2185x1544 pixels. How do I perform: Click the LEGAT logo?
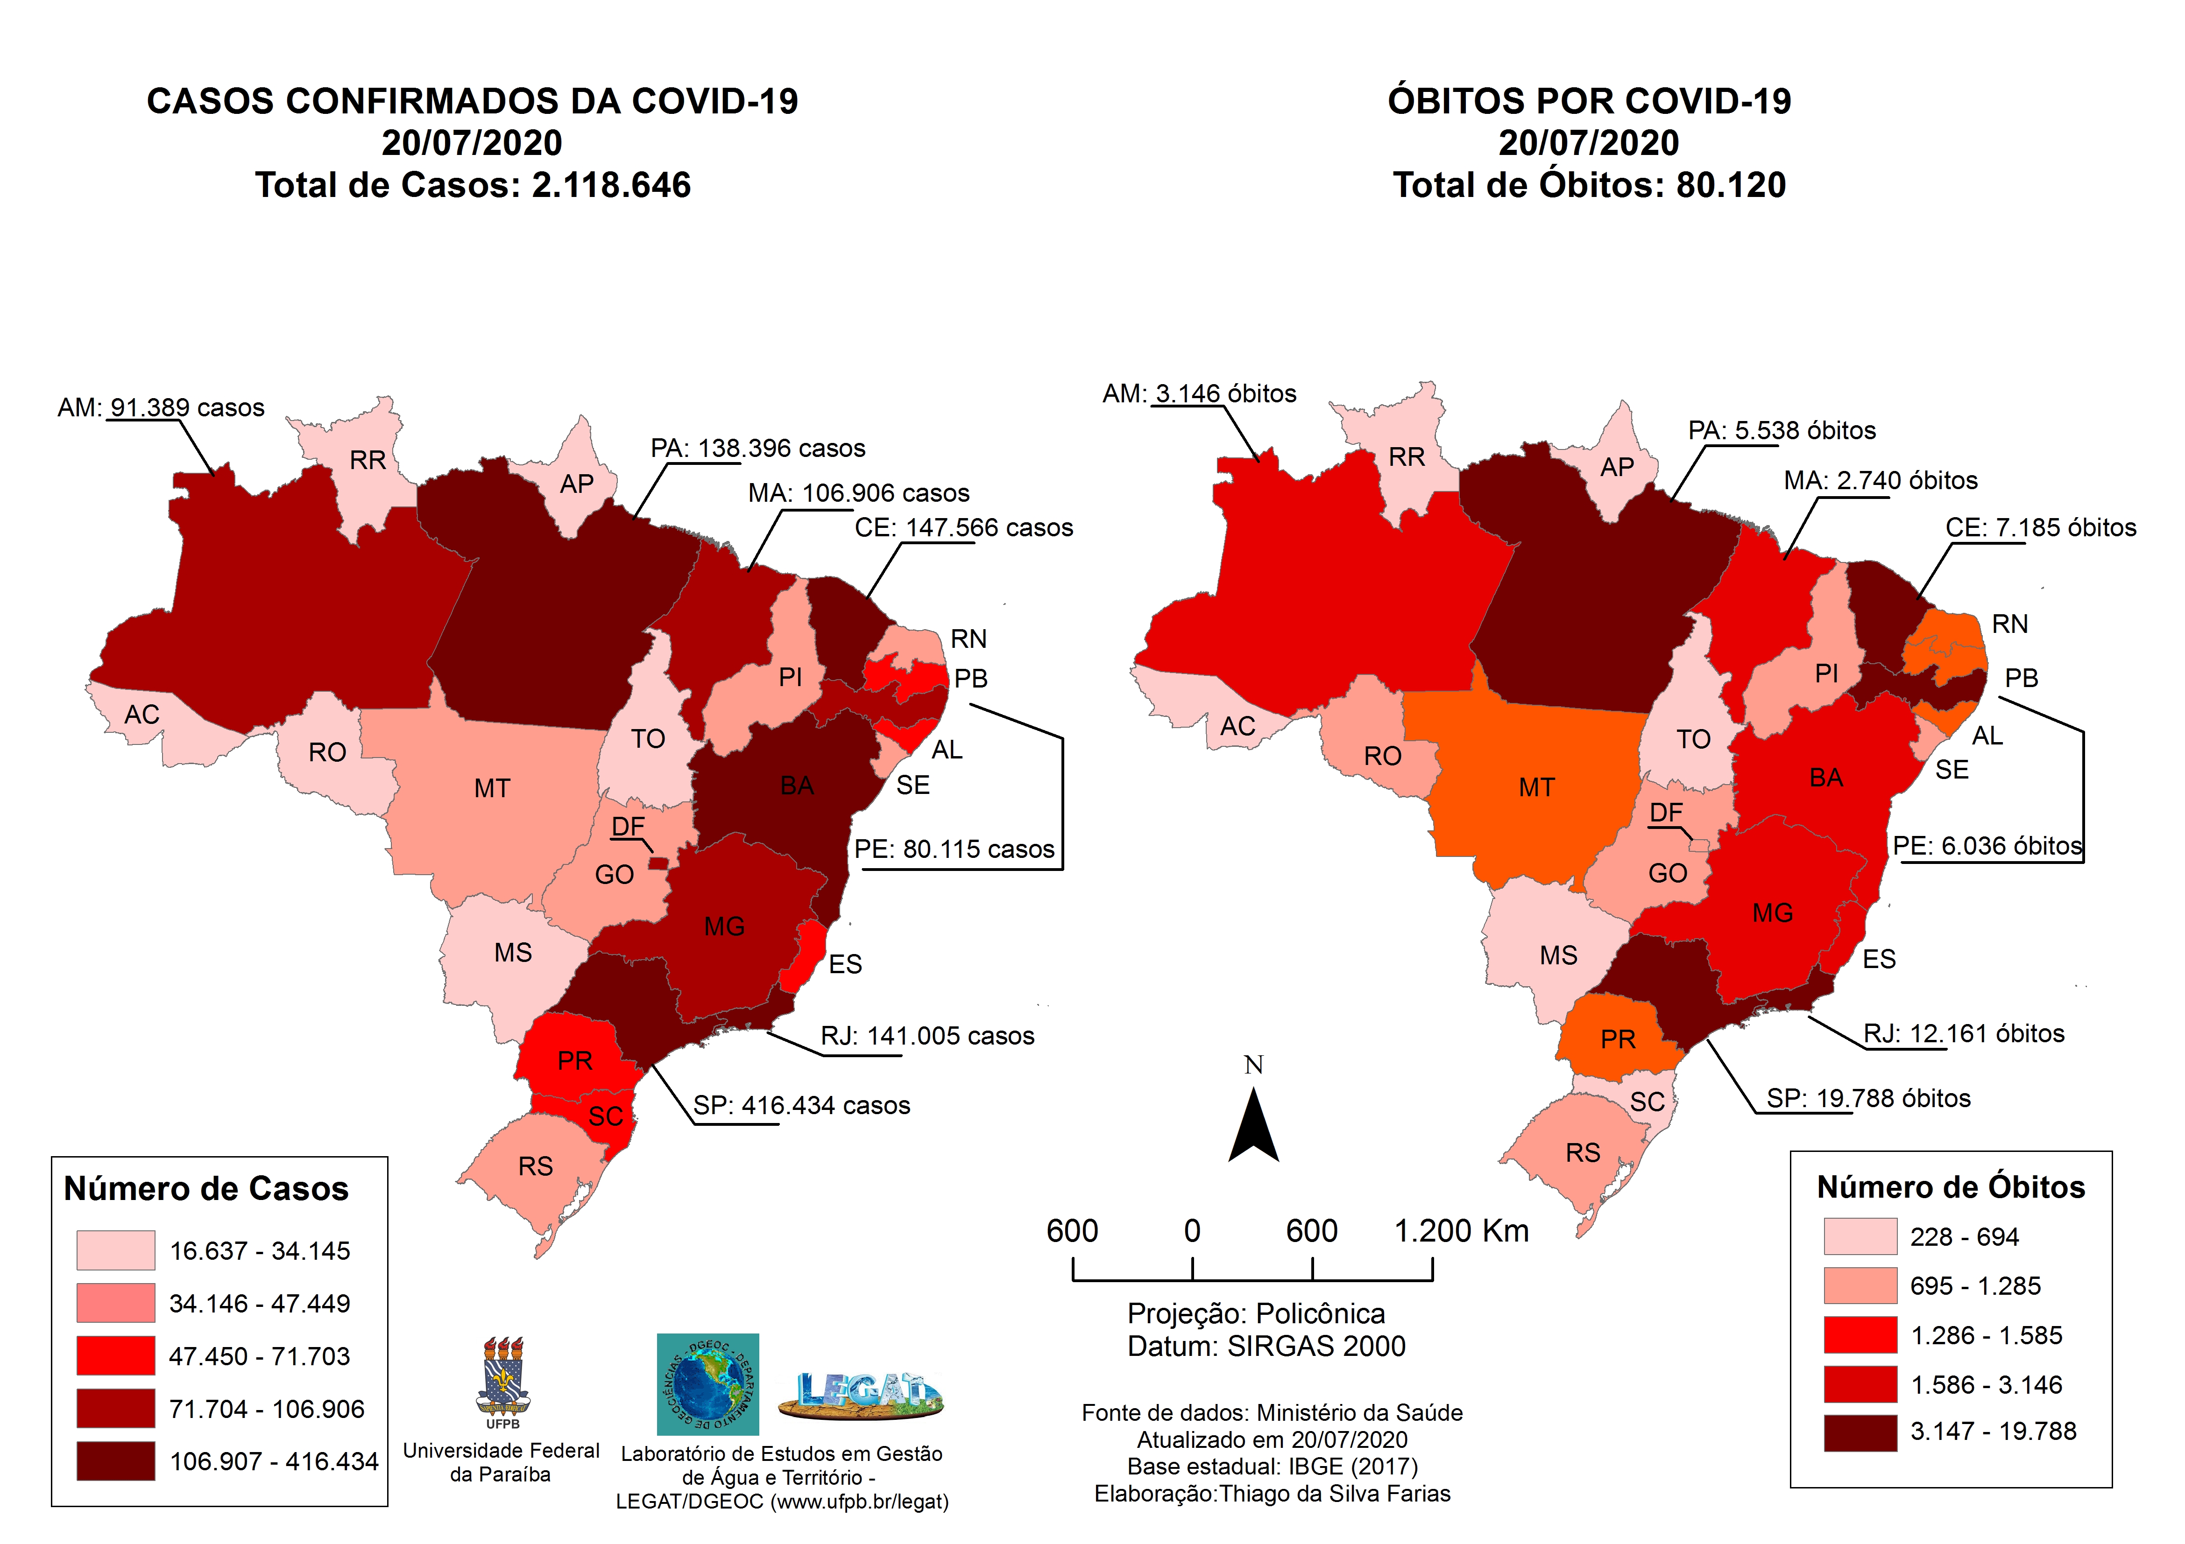(x=860, y=1395)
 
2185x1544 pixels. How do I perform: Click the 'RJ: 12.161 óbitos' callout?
(x=1963, y=1034)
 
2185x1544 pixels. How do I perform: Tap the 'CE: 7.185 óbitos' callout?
(x=2040, y=528)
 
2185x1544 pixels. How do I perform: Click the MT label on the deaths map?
(x=1536, y=788)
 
